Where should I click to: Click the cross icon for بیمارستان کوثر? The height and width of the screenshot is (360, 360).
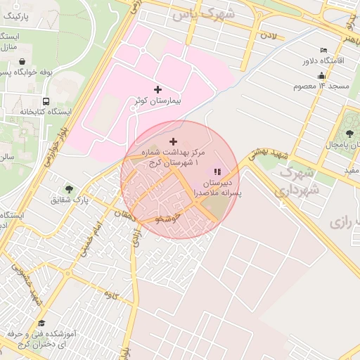coord(157,90)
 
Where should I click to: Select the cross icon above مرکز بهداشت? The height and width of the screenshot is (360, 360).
coord(174,141)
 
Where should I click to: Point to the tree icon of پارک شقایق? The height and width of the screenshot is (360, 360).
coord(69,189)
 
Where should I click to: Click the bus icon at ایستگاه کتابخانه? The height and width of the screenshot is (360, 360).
coord(46,101)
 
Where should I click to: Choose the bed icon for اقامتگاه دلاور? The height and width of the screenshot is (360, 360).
coord(323,50)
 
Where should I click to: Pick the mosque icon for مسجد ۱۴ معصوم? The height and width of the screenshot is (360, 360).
coord(322,75)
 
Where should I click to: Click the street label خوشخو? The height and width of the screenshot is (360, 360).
coord(169,219)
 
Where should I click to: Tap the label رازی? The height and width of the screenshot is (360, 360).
coord(339,222)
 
